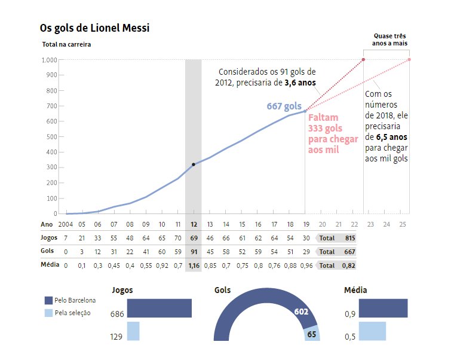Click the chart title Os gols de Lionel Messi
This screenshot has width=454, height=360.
tap(95, 28)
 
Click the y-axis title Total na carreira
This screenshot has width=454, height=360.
tap(67, 44)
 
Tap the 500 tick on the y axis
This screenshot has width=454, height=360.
tap(51, 137)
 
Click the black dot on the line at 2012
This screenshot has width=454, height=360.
tap(194, 164)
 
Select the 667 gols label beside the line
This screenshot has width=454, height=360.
tap(284, 106)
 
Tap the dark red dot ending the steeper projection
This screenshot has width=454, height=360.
tap(363, 60)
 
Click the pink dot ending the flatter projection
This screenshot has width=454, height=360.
tap(409, 59)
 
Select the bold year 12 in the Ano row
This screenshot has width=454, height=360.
tap(194, 224)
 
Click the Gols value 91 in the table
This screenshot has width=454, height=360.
tap(194, 252)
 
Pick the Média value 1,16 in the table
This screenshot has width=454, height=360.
tap(194, 265)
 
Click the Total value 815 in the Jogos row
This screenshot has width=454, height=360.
tap(350, 238)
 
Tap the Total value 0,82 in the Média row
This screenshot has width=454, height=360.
tap(350, 265)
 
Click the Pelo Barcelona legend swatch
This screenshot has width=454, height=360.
tap(48, 300)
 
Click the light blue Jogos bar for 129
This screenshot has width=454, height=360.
tap(133, 331)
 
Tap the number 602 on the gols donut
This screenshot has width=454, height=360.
tap(300, 311)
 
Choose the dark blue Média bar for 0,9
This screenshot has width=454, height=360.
tap(383, 308)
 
